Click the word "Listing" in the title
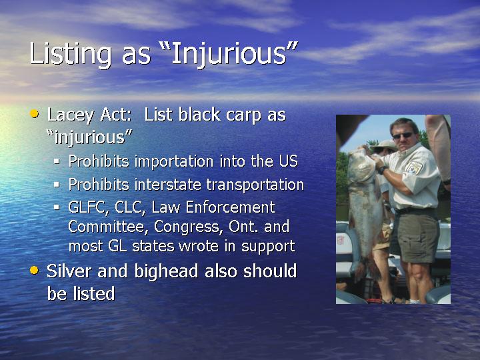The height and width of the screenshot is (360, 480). (70, 54)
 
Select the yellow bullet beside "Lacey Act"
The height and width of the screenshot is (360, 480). (34, 114)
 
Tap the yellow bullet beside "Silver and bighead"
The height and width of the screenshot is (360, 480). (34, 270)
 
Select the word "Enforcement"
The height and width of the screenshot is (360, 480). (230, 207)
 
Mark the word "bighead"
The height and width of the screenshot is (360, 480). (166, 272)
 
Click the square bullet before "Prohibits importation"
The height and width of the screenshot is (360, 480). (57, 161)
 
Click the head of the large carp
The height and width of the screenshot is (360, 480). (361, 165)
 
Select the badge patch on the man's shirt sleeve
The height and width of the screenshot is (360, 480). (414, 168)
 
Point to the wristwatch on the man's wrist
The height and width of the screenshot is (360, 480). (382, 169)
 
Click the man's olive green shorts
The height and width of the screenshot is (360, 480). (416, 234)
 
